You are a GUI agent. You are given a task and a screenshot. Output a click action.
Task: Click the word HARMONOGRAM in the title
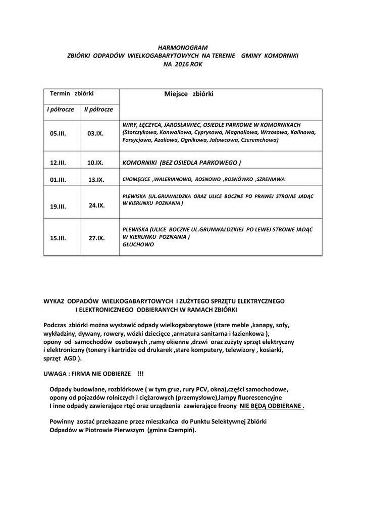pyautogui.click(x=183, y=47)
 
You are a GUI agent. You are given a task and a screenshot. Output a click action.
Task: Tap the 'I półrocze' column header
pyautogui.click(x=61, y=109)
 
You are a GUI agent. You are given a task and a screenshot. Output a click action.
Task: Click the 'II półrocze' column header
pyautogui.click(x=98, y=109)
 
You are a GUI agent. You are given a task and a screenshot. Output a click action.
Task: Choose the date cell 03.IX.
pyautogui.click(x=95, y=134)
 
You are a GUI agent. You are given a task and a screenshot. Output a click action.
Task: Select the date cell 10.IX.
pyautogui.click(x=95, y=163)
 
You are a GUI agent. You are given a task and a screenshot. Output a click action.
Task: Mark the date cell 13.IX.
pyautogui.click(x=96, y=179)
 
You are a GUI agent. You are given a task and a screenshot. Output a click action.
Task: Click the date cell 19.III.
pyautogui.click(x=58, y=206)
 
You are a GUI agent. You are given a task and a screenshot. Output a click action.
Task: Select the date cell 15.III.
pyautogui.click(x=58, y=238)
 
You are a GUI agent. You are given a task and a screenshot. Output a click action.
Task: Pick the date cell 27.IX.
pyautogui.click(x=97, y=238)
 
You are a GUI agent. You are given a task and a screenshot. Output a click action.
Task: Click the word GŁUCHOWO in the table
pyautogui.click(x=138, y=244)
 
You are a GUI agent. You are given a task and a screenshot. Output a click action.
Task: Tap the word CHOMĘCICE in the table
pyautogui.click(x=137, y=179)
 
